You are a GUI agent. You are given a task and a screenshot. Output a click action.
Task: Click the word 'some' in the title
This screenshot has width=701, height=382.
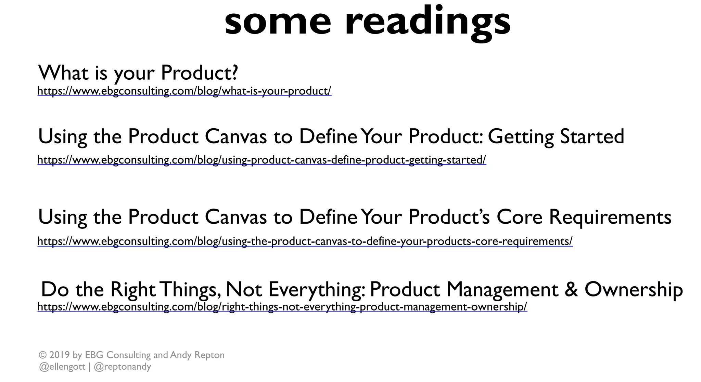tap(278, 22)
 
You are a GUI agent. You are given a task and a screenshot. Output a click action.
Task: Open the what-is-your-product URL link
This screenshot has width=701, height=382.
tap(184, 91)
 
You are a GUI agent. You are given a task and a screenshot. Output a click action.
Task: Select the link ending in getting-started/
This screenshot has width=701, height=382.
tap(262, 160)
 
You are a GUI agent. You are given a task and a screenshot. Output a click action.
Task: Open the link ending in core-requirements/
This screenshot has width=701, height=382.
tap(305, 241)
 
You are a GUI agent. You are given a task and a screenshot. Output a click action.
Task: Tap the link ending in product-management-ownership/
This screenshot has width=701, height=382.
tap(282, 307)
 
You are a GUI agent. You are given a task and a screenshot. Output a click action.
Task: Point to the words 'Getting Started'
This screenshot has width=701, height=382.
tap(556, 136)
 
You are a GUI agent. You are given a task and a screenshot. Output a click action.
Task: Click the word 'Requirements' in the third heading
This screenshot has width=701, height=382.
tap(610, 217)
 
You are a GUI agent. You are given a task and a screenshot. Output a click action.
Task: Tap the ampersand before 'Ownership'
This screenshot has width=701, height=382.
tap(571, 289)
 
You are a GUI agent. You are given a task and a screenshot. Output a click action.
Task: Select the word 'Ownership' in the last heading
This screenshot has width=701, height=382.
tap(634, 289)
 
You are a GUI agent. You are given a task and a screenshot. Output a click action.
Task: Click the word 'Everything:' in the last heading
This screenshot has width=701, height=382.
tap(317, 289)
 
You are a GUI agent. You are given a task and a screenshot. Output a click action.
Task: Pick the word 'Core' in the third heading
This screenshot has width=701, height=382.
tap(519, 217)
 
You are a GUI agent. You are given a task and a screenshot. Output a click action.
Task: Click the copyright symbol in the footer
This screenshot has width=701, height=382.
tap(42, 355)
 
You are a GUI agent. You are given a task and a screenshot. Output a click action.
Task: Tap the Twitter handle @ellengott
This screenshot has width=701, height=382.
tap(62, 367)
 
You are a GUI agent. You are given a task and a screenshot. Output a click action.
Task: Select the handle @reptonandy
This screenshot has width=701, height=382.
tap(122, 367)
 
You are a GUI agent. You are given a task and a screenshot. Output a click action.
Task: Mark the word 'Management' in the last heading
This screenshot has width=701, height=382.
tap(502, 289)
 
